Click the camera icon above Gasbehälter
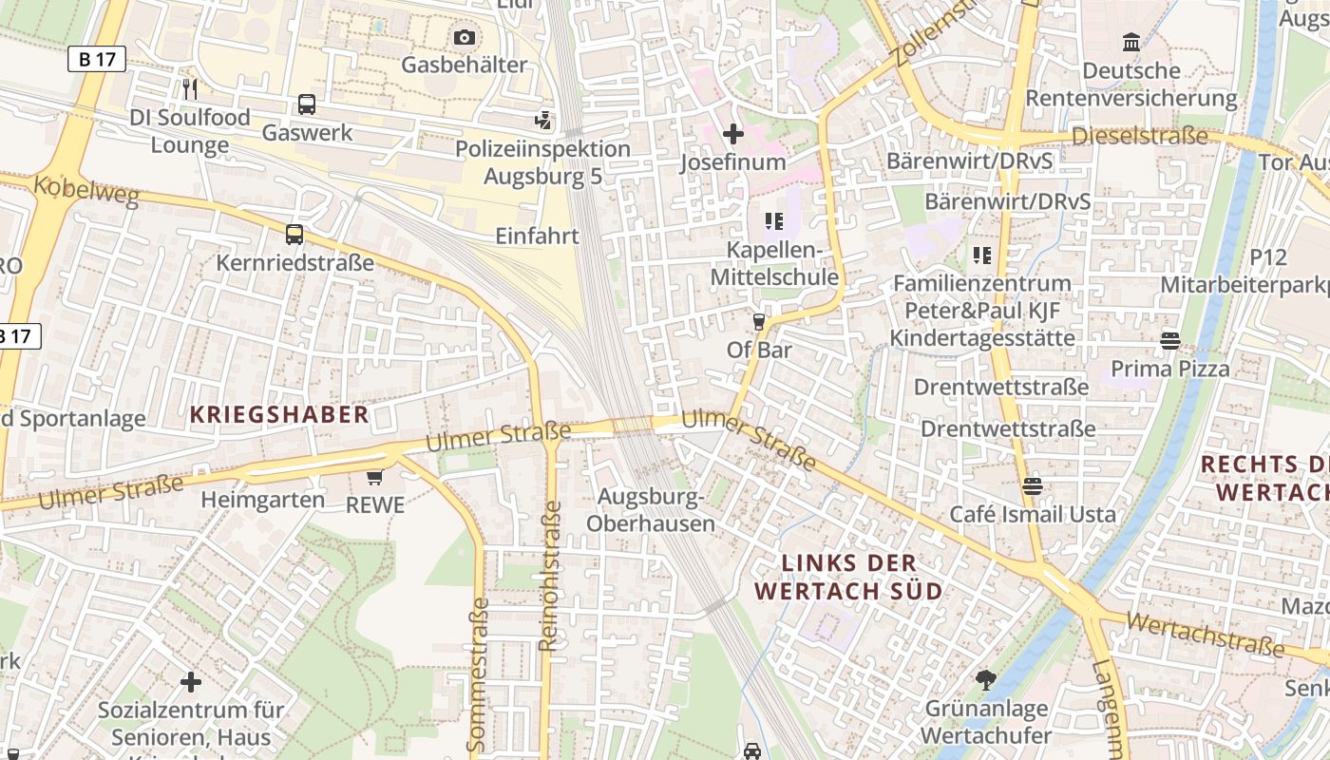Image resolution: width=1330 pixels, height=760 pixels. point(464,37)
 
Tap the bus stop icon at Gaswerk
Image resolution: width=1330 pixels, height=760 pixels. point(306,104)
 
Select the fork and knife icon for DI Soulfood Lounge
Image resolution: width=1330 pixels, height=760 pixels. point(190,89)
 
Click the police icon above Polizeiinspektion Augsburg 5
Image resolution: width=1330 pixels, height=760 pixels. point(542,120)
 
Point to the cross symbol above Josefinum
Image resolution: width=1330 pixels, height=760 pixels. point(732,134)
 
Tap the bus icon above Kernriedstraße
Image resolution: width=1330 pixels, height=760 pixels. point(294,234)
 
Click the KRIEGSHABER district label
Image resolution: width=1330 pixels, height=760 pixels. point(278,414)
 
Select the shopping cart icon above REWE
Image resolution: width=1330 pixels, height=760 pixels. point(375,477)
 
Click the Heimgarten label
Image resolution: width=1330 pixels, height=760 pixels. point(262,499)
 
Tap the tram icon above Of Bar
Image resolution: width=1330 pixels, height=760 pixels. point(758,322)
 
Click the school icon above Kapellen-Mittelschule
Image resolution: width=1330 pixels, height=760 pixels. point(773,221)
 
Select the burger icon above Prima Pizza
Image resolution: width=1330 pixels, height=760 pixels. point(1170,340)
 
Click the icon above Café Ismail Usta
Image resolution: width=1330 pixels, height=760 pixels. point(1033,486)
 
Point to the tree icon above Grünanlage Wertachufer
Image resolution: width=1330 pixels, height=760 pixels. point(986,679)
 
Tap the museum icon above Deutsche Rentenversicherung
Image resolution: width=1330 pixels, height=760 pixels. point(1131,42)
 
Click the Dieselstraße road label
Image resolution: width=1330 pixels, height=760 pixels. point(1139,136)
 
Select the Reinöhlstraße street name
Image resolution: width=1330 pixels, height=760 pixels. point(549,576)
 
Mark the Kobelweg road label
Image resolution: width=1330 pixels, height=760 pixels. point(85,190)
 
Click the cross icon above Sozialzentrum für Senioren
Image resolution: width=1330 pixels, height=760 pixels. point(191,681)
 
